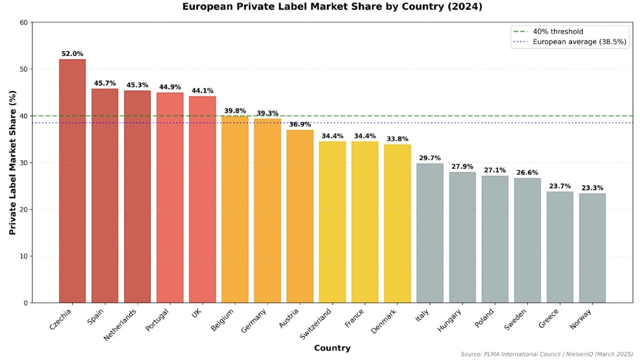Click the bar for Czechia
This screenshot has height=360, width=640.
[72, 181]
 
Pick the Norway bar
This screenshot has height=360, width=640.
[593, 248]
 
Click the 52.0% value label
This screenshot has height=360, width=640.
[72, 54]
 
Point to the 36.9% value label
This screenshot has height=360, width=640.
[300, 124]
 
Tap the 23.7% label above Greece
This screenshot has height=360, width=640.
[560, 186]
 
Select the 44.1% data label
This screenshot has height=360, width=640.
[202, 91]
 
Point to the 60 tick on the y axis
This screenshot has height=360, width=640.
[24, 22]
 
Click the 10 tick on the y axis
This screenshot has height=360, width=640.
[24, 256]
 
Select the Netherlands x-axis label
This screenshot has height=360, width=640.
[121, 325]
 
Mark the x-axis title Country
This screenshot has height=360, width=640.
[332, 348]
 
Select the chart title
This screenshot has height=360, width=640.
[332, 7]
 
